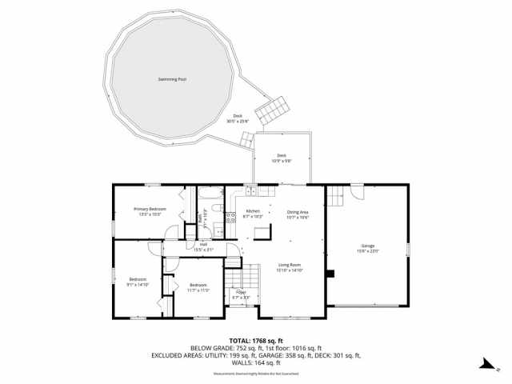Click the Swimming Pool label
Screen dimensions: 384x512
172,80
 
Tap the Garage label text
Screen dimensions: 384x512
368,246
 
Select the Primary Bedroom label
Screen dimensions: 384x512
150,210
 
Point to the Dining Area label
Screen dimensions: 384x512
298,212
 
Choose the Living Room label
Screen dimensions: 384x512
289,264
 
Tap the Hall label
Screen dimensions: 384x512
203,246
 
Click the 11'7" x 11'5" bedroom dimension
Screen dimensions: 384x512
198,290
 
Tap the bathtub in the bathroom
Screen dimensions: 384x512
210,193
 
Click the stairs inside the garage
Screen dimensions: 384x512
340,193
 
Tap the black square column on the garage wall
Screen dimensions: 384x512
330,272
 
